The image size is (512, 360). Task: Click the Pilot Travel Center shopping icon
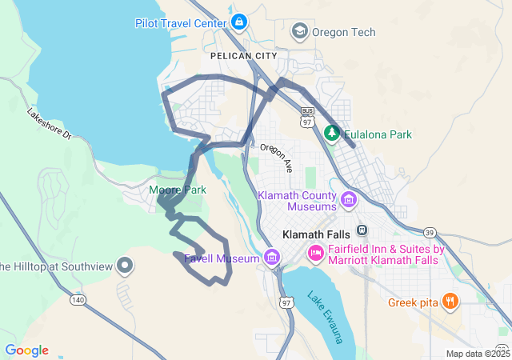click(238, 21)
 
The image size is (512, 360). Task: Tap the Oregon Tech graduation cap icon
click(300, 31)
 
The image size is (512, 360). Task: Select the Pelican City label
click(243, 56)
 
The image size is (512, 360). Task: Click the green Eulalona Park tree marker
click(332, 133)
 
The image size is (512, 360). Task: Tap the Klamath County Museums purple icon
click(349, 198)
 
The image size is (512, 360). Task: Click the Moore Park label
click(178, 190)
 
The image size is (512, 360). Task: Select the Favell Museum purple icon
click(272, 258)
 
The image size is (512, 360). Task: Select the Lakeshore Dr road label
click(49, 126)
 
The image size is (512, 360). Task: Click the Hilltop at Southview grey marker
click(124, 264)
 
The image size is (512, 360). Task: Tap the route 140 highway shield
click(78, 299)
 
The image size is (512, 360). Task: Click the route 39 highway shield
click(430, 233)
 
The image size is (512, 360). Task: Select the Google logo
click(26, 350)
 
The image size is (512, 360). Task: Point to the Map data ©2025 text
click(477, 354)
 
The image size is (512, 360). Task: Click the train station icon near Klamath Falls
click(362, 230)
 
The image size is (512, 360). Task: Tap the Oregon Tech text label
click(343, 32)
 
